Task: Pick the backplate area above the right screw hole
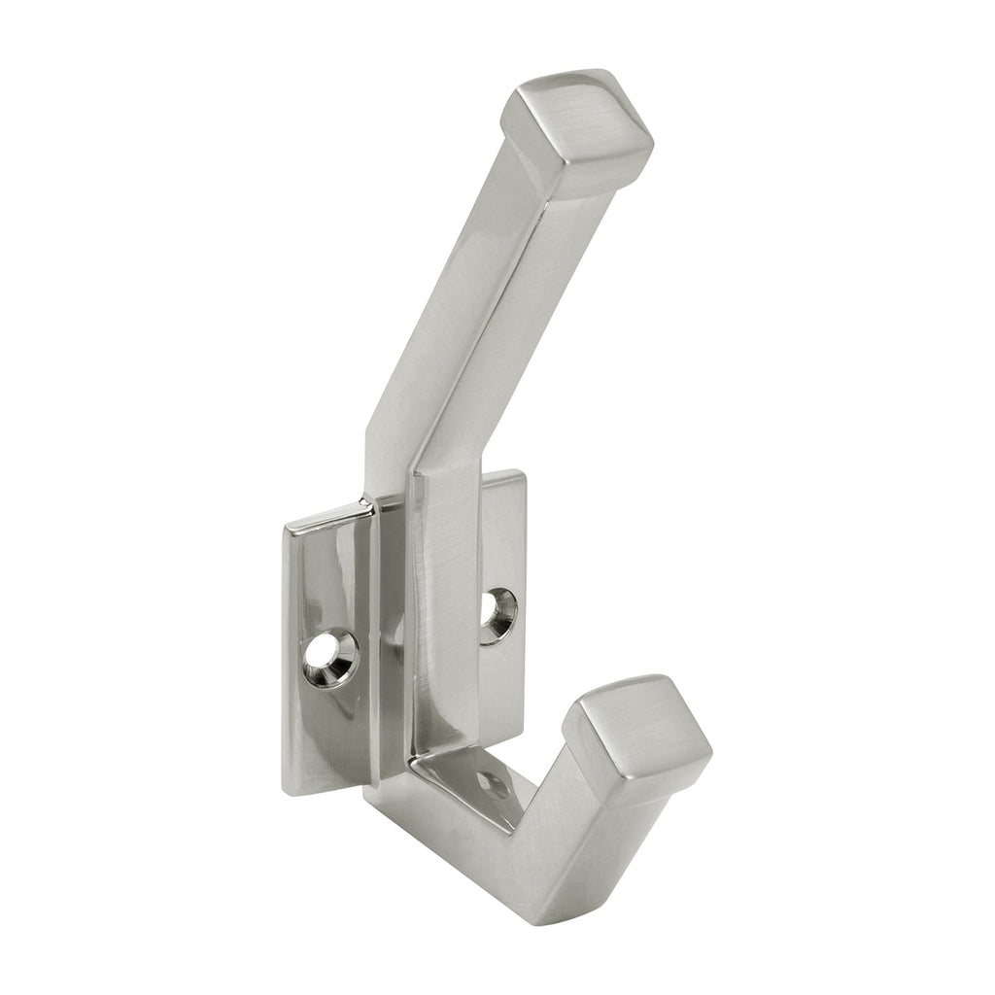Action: (x=501, y=544)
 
